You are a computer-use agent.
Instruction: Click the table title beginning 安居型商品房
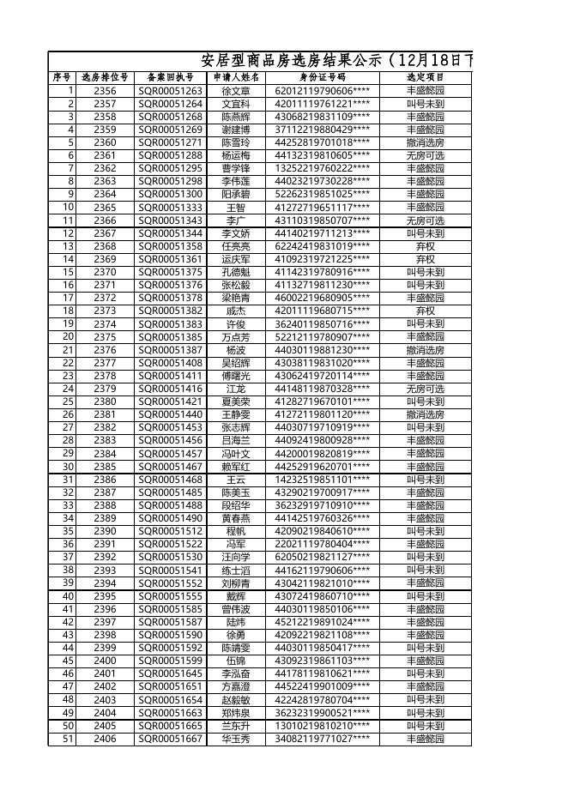click(x=335, y=61)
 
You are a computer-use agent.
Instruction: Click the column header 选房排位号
click(x=105, y=77)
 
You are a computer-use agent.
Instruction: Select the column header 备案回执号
click(x=170, y=77)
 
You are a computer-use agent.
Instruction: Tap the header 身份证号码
click(x=323, y=77)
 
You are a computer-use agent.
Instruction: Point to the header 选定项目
click(x=426, y=77)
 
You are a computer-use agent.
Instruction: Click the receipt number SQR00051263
click(x=171, y=91)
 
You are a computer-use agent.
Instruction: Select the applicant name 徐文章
click(x=236, y=91)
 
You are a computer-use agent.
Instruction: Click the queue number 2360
click(x=105, y=142)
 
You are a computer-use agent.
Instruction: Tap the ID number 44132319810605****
click(x=323, y=155)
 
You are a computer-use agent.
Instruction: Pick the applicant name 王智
click(x=236, y=208)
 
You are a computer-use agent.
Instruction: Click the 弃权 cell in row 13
click(x=426, y=246)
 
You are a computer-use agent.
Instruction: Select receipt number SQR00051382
click(x=171, y=311)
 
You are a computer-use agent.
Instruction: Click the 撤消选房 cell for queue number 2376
click(x=426, y=350)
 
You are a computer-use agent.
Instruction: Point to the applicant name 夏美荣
click(x=236, y=401)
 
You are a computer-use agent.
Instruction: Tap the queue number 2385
click(x=105, y=467)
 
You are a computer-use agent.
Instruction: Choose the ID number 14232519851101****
click(x=323, y=480)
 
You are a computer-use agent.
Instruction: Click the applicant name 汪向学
click(x=236, y=557)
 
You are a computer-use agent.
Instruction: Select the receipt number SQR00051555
click(x=171, y=596)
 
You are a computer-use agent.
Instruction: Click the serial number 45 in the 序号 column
click(x=68, y=661)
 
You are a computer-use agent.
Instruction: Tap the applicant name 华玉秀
click(x=236, y=739)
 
